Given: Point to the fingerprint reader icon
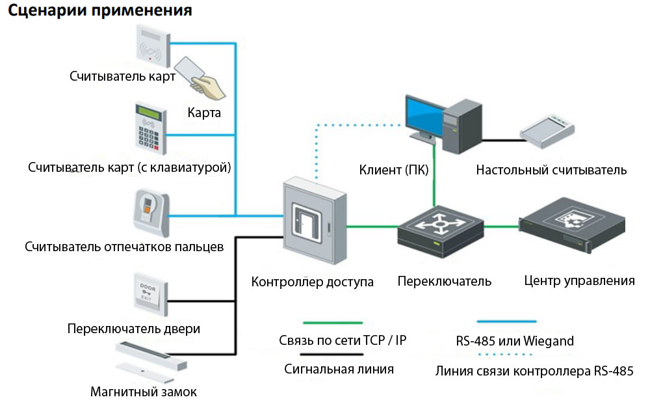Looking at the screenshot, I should [150, 213].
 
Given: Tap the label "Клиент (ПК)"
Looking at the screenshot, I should [394, 170].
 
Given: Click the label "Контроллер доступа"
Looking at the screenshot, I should [313, 282].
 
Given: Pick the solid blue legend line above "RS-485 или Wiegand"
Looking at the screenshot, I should [506, 321].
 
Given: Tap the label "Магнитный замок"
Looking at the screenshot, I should [144, 392].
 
